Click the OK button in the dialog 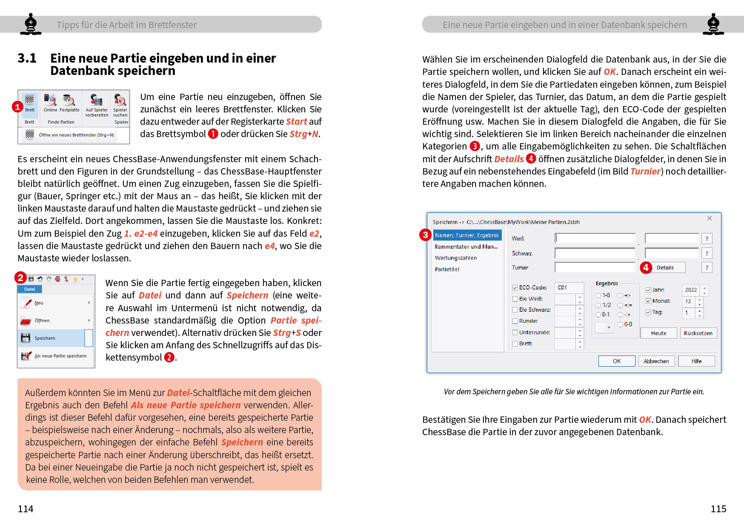tap(616, 361)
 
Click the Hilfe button tap(696, 361)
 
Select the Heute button tap(658, 333)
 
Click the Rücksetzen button tap(698, 333)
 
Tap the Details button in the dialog tap(665, 267)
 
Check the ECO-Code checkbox tap(515, 288)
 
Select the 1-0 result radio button tap(598, 296)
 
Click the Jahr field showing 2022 tap(691, 290)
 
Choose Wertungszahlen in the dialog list tap(455, 258)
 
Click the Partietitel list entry tap(447, 270)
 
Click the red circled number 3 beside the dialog tap(425, 235)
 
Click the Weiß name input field tap(595, 238)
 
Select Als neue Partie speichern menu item tap(60, 356)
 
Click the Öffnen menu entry tap(42, 321)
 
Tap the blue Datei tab tap(30, 289)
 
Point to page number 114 tap(26, 509)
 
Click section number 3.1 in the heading tap(27, 58)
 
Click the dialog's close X tap(709, 218)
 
